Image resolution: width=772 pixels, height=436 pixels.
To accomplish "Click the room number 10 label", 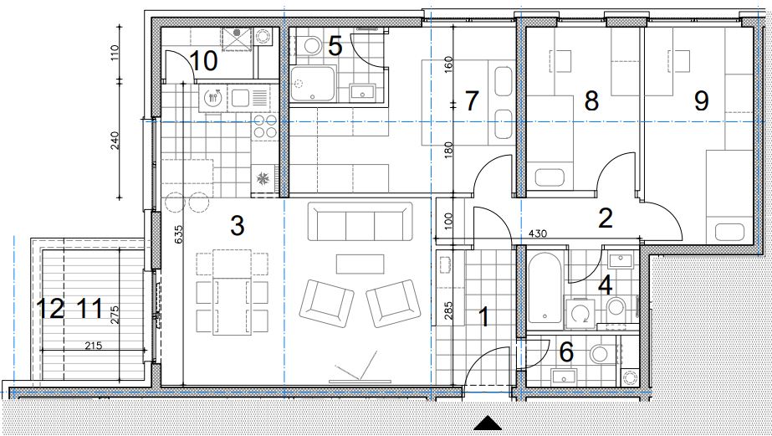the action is [203, 61].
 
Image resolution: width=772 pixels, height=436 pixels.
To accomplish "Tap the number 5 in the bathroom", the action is [335, 46].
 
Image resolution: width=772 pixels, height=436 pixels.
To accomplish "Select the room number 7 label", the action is [472, 100].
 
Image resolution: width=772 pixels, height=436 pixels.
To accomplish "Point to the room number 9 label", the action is [701, 100].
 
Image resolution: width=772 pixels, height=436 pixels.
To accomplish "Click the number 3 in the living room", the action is [238, 226].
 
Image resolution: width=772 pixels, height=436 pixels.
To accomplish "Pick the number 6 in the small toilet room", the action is [567, 351].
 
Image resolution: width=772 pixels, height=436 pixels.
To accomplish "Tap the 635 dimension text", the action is [178, 235].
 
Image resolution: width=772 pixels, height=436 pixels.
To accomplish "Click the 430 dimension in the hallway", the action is [538, 233].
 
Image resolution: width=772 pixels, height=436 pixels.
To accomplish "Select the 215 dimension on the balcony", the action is [93, 346].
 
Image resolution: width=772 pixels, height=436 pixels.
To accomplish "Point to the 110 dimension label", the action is [115, 52].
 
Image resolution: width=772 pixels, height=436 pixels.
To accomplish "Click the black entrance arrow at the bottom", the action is [488, 423].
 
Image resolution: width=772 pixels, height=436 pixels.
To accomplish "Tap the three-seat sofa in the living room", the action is [360, 221].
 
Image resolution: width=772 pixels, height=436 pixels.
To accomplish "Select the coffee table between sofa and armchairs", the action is [360, 264].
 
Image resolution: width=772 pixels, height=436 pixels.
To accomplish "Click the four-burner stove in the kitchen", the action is [265, 126].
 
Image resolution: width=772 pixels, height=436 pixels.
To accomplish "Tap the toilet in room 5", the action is [311, 46].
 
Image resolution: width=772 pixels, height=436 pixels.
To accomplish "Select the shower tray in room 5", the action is [313, 83].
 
